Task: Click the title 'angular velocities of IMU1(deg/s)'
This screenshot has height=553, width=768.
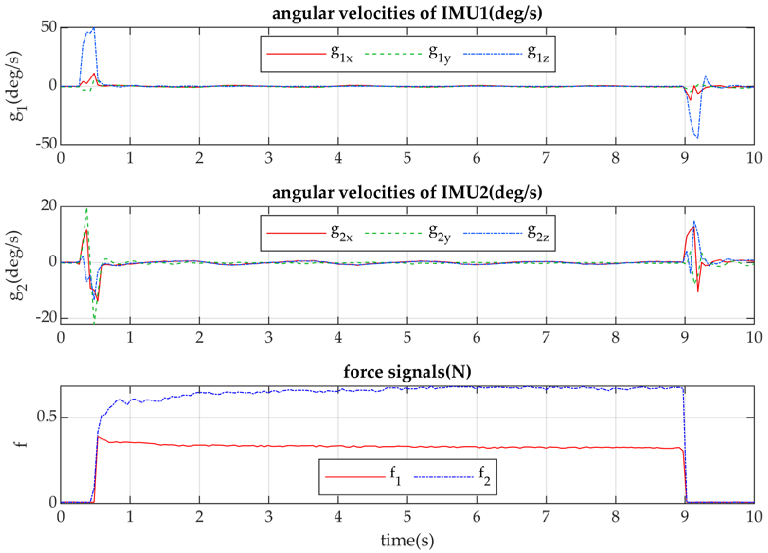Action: point(407,13)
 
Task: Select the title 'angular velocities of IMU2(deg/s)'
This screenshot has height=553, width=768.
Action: point(407,193)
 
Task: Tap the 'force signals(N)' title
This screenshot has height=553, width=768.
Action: point(407,372)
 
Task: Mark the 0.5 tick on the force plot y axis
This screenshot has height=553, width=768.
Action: point(46,417)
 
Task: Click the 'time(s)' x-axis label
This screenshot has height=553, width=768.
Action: point(407,540)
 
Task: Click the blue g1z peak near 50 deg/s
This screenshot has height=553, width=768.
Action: point(94,28)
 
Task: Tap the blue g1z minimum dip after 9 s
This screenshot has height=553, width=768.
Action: point(697,138)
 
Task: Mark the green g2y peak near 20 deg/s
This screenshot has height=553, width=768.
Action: point(87,209)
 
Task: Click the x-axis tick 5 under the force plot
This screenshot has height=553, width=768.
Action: point(407,517)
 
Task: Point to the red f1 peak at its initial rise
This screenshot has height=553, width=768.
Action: point(98,437)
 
